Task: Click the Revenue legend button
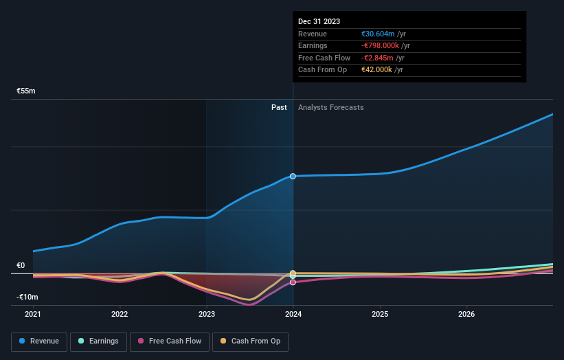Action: point(39,341)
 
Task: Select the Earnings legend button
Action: point(99,341)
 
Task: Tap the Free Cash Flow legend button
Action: point(169,341)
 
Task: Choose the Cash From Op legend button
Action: point(250,341)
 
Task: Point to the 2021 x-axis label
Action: point(33,315)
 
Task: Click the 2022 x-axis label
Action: point(120,315)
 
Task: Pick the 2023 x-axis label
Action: point(207,315)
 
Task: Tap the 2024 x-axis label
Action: point(293,315)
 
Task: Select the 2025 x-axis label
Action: point(380,315)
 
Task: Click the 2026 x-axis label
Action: point(466,315)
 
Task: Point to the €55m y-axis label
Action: point(26,91)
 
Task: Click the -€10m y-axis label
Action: point(27,297)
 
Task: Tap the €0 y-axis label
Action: point(21,265)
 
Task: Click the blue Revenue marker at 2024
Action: point(293,177)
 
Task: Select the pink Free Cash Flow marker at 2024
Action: point(293,282)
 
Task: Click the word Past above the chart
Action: point(279,107)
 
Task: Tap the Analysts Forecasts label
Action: point(330,107)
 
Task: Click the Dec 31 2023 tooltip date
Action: point(319,22)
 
